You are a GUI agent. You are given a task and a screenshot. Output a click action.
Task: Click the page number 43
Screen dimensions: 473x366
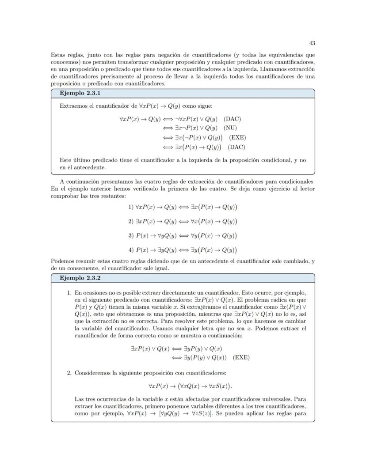[312, 43]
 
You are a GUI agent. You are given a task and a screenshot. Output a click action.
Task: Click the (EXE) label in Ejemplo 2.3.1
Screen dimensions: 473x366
[237, 137]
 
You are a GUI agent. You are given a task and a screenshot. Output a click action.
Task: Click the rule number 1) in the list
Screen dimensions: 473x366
[131, 207]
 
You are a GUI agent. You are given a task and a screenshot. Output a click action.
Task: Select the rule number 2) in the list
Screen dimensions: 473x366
[131, 221]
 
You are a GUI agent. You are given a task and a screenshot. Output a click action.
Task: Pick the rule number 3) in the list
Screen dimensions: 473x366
[131, 235]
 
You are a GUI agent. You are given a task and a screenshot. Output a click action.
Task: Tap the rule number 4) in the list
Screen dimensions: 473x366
[131, 250]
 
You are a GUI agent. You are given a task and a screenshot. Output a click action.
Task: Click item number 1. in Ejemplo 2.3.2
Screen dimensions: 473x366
[69, 293]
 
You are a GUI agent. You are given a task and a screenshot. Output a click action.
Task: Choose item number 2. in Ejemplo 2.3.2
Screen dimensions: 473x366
[69, 373]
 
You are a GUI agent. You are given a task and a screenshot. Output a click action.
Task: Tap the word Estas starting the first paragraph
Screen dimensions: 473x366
[58, 55]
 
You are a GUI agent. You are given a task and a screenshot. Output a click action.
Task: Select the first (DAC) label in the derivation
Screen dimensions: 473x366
[232, 119]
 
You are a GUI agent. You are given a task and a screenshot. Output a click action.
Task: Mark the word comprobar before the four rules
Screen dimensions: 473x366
[65, 196]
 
